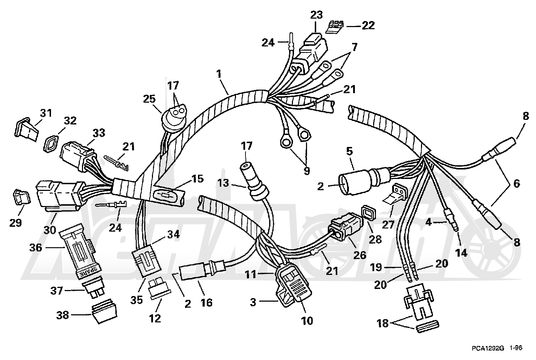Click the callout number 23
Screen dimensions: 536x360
click(316, 15)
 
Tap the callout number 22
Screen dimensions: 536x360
click(368, 26)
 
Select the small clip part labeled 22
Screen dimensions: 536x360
click(335, 27)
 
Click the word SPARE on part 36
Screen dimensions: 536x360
click(86, 271)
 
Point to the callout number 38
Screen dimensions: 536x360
click(63, 315)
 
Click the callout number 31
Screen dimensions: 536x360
click(46, 113)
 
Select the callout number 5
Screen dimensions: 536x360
click(350, 151)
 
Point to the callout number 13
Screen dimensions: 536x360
click(223, 184)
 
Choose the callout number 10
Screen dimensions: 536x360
click(307, 321)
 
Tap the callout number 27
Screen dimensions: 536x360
click(388, 225)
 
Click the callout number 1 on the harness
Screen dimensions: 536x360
click(219, 74)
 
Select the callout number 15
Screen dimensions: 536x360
click(198, 179)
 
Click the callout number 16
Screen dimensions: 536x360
click(206, 303)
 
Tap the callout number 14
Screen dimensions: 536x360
click(461, 253)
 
